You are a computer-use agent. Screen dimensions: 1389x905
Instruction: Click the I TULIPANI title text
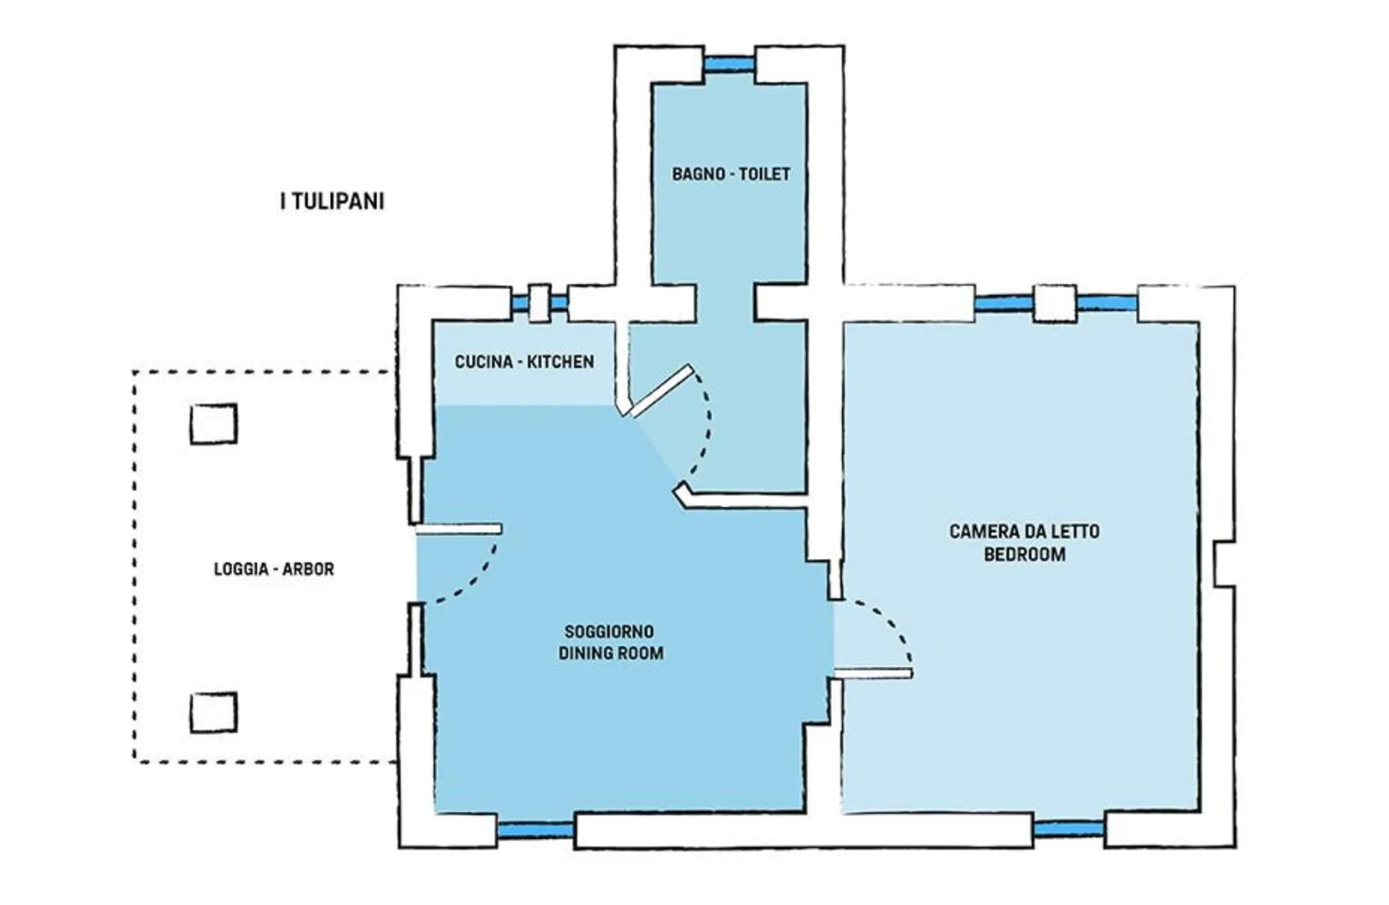pos(332,202)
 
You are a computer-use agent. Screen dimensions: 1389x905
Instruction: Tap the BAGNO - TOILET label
pos(731,174)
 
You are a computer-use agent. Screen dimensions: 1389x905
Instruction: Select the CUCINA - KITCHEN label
pos(524,362)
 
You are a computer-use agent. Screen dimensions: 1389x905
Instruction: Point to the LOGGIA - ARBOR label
pos(274,569)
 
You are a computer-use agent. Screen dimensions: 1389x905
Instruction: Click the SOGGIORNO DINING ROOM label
pos(611,642)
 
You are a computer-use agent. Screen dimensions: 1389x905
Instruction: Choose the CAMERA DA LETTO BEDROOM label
pos(1025,543)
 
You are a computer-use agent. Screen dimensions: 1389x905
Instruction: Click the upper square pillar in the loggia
pos(214,424)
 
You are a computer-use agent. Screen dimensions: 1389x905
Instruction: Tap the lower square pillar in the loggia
pos(214,713)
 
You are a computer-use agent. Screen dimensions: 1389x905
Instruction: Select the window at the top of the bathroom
pos(729,64)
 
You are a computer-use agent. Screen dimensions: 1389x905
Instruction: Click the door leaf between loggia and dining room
pos(458,529)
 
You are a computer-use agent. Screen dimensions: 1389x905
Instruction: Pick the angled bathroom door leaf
pos(661,390)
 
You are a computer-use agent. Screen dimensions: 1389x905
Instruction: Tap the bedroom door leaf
pos(872,674)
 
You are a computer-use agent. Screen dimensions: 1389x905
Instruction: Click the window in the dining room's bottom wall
pos(536,830)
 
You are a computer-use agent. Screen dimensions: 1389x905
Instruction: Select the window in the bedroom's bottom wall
pos(1068,828)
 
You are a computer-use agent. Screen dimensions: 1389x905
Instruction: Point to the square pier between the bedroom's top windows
pos(1054,303)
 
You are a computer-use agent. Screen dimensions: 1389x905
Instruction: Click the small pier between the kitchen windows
pos(540,303)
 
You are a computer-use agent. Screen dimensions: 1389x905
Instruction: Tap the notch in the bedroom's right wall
pos(1224,564)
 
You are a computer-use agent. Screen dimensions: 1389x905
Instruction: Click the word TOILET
pos(765,174)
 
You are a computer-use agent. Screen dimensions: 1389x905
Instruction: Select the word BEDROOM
pos(1025,554)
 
